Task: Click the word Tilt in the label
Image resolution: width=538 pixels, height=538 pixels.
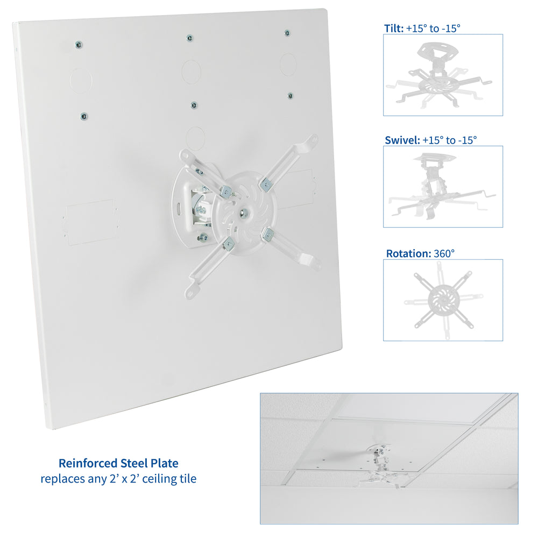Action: (393, 29)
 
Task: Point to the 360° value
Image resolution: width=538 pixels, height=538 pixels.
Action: (444, 253)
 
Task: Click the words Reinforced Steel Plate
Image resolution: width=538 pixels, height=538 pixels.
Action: (118, 463)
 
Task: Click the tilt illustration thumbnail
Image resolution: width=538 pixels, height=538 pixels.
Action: (443, 75)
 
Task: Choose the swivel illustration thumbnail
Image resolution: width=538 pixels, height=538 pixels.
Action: (443, 187)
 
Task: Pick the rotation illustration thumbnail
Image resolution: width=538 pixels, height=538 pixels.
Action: (443, 300)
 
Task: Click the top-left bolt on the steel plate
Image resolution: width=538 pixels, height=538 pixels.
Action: (79, 44)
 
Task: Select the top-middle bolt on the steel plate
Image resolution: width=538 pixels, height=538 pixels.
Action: (189, 38)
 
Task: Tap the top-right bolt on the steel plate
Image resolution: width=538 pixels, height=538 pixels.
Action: (287, 33)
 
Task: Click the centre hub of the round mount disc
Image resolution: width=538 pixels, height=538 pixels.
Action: (244, 211)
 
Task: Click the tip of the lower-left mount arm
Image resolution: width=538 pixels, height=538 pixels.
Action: (191, 292)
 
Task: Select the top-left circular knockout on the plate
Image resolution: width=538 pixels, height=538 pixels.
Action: (81, 81)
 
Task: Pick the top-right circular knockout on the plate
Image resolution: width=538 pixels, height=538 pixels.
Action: (288, 64)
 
